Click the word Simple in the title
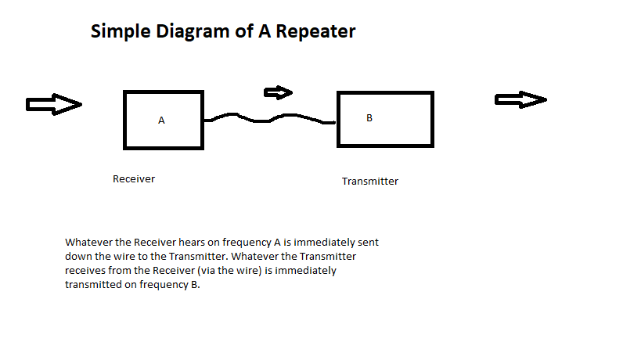121,32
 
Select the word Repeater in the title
315,32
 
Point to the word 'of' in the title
244,31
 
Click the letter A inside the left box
161,121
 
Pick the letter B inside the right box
369,118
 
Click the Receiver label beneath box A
134,179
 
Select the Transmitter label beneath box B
370,181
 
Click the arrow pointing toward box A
54,104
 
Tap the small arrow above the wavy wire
278,93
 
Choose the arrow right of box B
520,99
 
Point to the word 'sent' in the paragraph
369,243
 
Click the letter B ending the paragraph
194,284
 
